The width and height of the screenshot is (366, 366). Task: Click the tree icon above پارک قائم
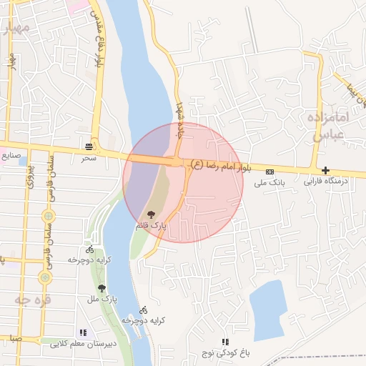(x=151, y=214)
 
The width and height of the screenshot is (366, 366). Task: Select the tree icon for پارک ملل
(x=102, y=288)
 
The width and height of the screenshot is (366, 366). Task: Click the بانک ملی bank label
(x=270, y=183)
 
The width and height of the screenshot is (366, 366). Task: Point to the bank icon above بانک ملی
(x=269, y=172)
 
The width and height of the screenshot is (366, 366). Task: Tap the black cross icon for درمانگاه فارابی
(x=326, y=171)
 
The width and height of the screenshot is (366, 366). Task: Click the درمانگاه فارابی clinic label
(x=325, y=182)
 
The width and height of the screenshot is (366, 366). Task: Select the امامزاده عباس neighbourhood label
(x=329, y=126)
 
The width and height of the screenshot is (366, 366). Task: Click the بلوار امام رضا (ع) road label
(x=222, y=166)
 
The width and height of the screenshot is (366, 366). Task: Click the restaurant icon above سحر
(x=89, y=144)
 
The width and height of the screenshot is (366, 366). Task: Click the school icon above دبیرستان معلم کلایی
(x=84, y=332)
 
